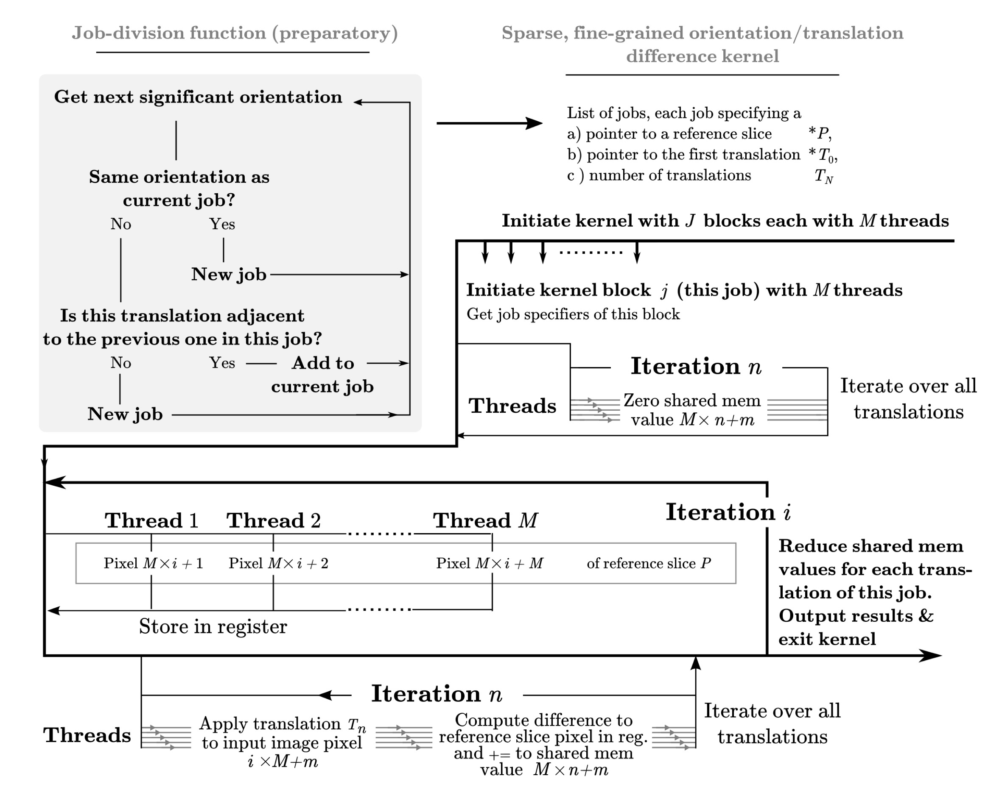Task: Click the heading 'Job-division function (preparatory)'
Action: click(x=235, y=33)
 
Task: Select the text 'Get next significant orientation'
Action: click(x=198, y=97)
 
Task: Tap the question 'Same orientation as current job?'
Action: click(x=179, y=188)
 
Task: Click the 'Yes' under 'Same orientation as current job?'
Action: click(x=222, y=224)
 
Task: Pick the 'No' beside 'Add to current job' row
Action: click(x=121, y=363)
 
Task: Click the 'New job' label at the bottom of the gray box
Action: click(x=125, y=414)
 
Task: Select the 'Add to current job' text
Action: click(x=322, y=375)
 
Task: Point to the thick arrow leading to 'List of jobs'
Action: click(x=489, y=123)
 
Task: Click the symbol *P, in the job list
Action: click(x=820, y=134)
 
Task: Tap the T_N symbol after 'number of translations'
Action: click(x=823, y=176)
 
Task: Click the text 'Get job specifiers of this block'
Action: click(x=573, y=314)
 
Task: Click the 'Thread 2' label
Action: click(x=273, y=520)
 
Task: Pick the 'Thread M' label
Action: click(x=485, y=520)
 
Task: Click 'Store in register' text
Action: click(x=213, y=627)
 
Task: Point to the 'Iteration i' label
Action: click(x=728, y=512)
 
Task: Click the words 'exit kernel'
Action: click(x=827, y=640)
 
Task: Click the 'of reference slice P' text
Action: click(x=649, y=563)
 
